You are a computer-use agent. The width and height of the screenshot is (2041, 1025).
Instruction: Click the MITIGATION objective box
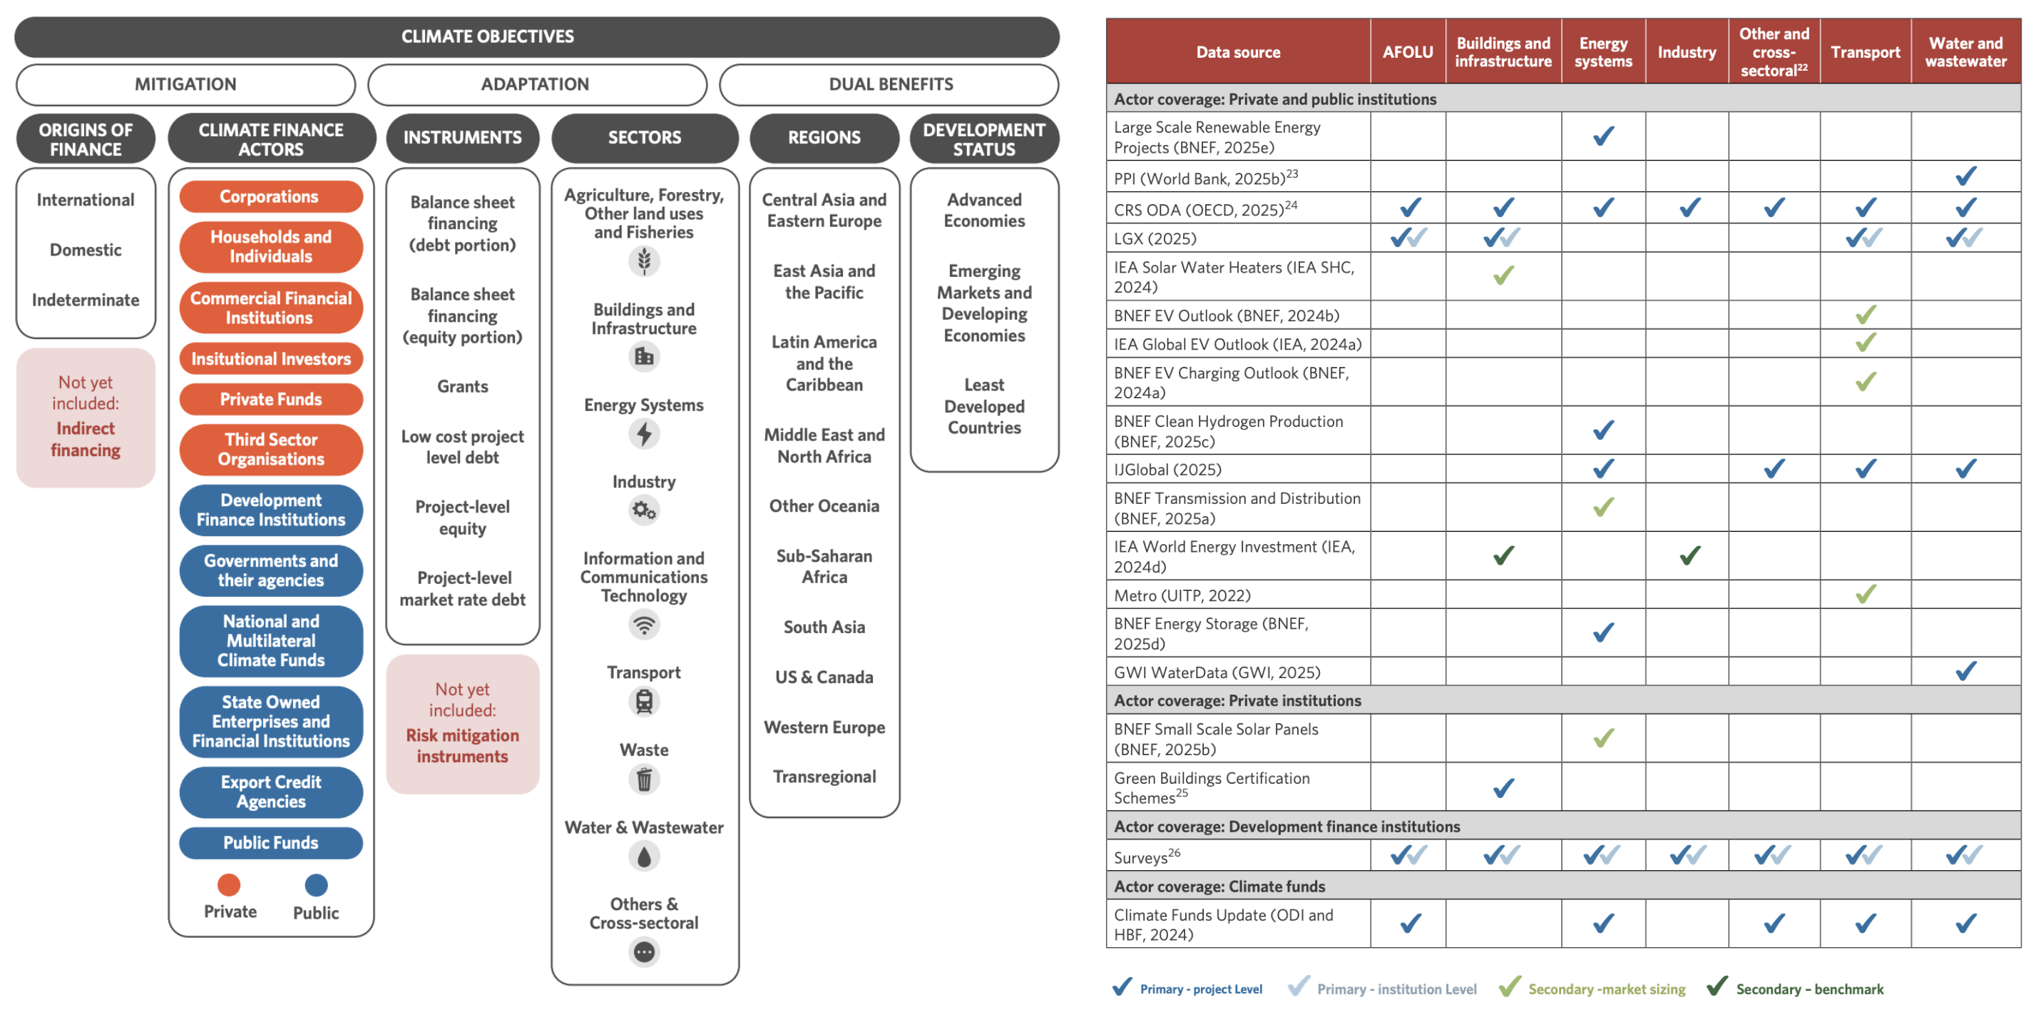[x=185, y=84]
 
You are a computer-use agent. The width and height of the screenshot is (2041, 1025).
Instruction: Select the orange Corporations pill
[x=270, y=196]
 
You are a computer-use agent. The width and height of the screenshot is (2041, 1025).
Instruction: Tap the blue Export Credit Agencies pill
[x=270, y=791]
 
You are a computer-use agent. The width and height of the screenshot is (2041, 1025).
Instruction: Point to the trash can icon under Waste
[x=644, y=779]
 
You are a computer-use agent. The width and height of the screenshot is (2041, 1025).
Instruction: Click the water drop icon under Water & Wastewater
[x=644, y=856]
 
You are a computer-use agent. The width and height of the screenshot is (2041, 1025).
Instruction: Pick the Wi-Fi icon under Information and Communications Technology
[x=644, y=625]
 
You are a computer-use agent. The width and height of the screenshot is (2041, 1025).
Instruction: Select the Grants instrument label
[x=463, y=386]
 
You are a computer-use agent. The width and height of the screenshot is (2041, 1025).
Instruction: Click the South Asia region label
[x=824, y=627]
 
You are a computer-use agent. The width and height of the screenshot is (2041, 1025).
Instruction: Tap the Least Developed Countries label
[x=984, y=406]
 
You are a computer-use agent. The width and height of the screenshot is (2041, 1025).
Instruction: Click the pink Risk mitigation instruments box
[x=463, y=724]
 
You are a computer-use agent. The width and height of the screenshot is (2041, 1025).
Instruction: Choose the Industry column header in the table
[x=1686, y=52]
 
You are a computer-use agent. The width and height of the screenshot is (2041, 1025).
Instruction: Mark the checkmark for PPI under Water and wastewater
[x=1965, y=176]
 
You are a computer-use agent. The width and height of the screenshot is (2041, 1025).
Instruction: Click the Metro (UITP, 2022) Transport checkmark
[x=1866, y=594]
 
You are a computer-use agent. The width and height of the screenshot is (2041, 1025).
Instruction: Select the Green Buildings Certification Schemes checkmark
[x=1503, y=788]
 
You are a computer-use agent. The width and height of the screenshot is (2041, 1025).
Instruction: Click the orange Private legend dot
[x=229, y=884]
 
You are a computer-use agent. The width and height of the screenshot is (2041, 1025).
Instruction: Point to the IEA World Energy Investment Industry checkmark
[x=1689, y=556]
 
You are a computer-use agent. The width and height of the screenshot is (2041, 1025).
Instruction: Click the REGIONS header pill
[x=824, y=137]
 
